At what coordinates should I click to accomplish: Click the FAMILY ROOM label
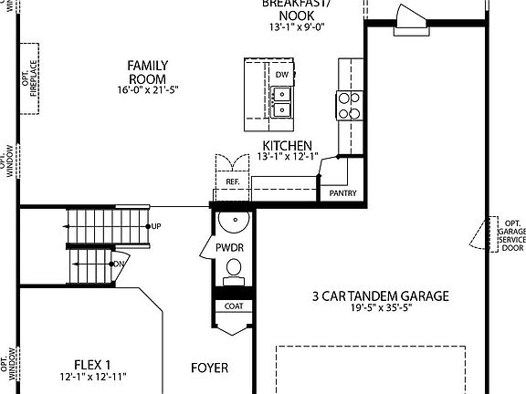tap(146, 72)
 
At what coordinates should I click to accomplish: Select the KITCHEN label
tap(288, 145)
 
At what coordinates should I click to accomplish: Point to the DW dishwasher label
tap(282, 75)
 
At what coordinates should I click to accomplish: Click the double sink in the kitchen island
tap(282, 101)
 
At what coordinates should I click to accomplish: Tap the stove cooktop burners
tap(348, 107)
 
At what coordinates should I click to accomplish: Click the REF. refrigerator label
tap(232, 182)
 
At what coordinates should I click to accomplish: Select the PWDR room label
tap(229, 247)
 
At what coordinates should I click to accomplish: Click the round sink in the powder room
tap(235, 223)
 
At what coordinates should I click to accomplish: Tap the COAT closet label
tap(232, 306)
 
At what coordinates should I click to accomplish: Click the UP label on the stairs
tap(155, 225)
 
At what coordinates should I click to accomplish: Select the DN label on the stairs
tap(118, 264)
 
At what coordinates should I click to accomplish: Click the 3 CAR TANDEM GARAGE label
tap(381, 295)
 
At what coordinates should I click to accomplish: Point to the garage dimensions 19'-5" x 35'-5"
tap(381, 309)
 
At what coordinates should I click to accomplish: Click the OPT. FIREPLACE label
tap(30, 78)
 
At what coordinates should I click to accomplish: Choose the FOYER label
tap(209, 368)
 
